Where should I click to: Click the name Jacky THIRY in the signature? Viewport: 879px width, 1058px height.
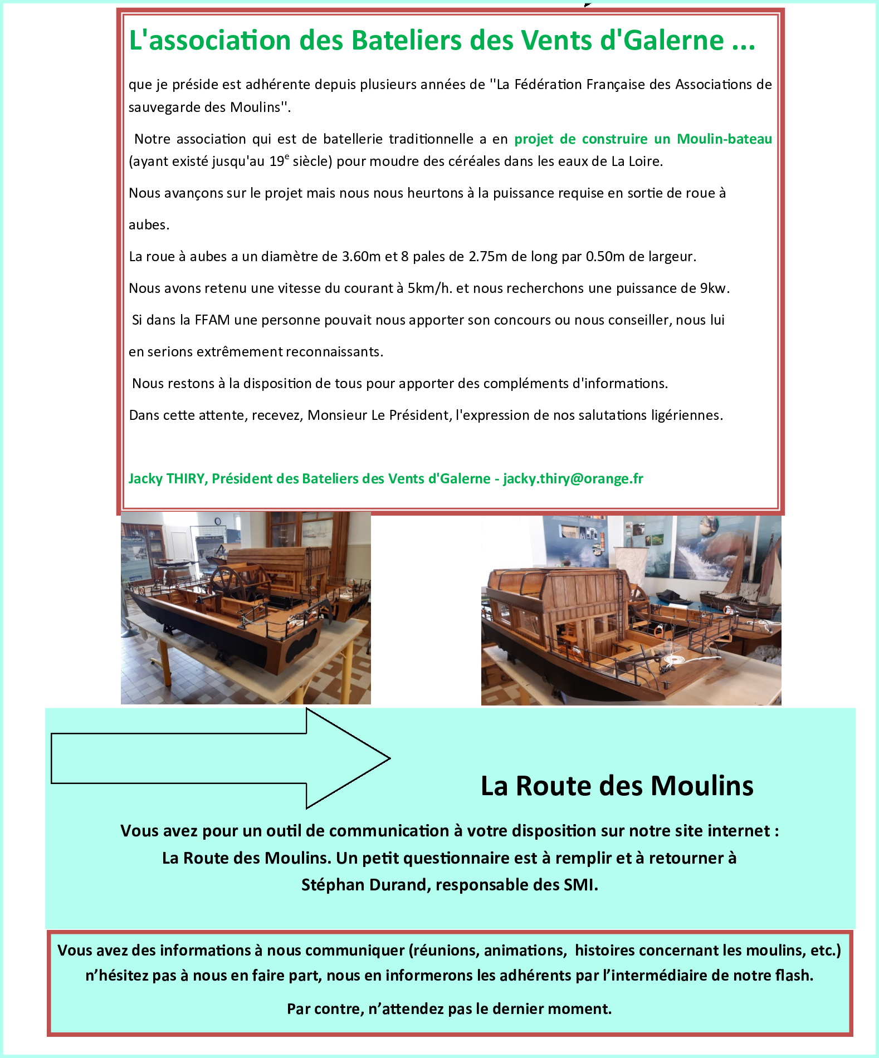[167, 479]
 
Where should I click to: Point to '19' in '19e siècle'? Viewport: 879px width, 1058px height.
[276, 162]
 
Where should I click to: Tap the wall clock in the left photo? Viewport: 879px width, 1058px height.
[218, 521]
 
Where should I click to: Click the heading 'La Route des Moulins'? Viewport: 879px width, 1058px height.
[617, 786]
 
